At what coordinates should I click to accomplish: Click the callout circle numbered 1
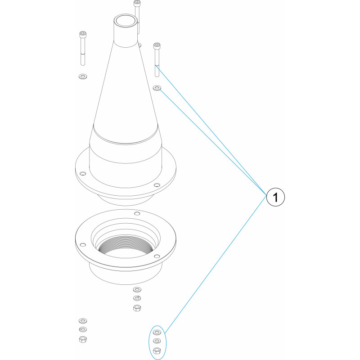click(x=275, y=197)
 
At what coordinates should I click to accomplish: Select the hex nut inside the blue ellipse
click(x=157, y=351)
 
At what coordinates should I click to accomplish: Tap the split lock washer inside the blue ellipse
click(x=157, y=341)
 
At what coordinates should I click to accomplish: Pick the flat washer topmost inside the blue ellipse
click(x=157, y=332)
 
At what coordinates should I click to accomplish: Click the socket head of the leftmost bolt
click(x=83, y=34)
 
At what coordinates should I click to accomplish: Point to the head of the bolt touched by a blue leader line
click(x=157, y=46)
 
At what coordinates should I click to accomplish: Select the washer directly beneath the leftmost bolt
click(x=83, y=76)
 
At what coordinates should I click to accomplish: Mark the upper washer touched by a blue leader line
click(x=157, y=88)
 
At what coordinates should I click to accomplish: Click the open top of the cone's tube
click(x=126, y=20)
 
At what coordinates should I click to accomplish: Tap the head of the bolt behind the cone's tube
click(x=137, y=3)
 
